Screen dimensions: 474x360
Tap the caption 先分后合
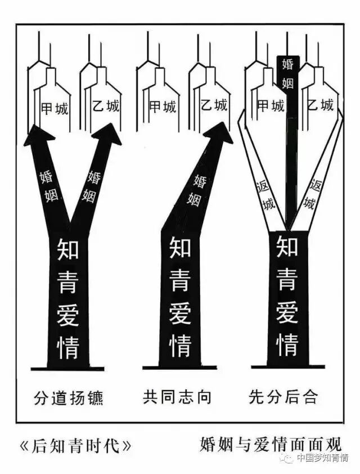click(283, 397)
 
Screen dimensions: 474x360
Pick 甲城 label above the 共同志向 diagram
click(162, 106)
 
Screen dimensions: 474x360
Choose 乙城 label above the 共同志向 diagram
click(214, 105)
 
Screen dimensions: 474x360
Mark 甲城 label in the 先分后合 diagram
click(270, 105)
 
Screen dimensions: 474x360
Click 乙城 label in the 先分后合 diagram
click(320, 105)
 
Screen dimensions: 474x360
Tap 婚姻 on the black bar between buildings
click(287, 73)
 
